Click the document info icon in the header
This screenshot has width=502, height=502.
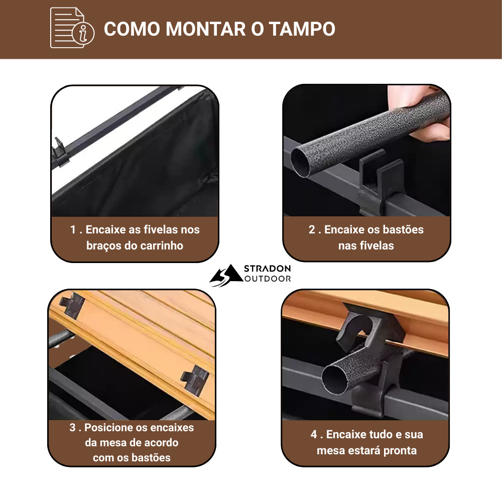72,28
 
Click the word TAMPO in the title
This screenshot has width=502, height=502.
302,29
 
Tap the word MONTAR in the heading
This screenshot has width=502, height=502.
206,29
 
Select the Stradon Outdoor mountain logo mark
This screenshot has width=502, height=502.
226,275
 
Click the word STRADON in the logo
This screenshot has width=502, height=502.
268,269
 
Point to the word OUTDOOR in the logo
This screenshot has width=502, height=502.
268,279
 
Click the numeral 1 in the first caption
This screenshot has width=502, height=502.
73,229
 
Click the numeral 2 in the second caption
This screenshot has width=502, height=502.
312,229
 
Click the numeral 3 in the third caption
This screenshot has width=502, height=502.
72,427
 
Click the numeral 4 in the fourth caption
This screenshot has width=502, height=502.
314,434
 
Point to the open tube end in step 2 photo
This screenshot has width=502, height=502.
301,162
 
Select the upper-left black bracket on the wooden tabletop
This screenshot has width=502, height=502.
72,305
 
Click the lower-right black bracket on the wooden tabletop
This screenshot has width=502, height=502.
195,380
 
